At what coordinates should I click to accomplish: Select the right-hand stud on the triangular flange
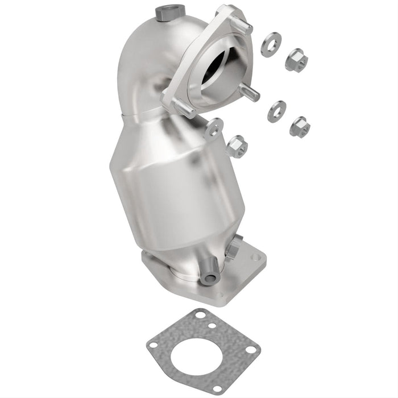250,93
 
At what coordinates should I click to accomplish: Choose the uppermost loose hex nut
296,58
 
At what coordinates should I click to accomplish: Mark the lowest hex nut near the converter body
237,147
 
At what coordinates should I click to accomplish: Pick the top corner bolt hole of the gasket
198,314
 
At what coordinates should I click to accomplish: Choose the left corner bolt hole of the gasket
152,343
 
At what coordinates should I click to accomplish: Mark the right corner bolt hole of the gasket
252,349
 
